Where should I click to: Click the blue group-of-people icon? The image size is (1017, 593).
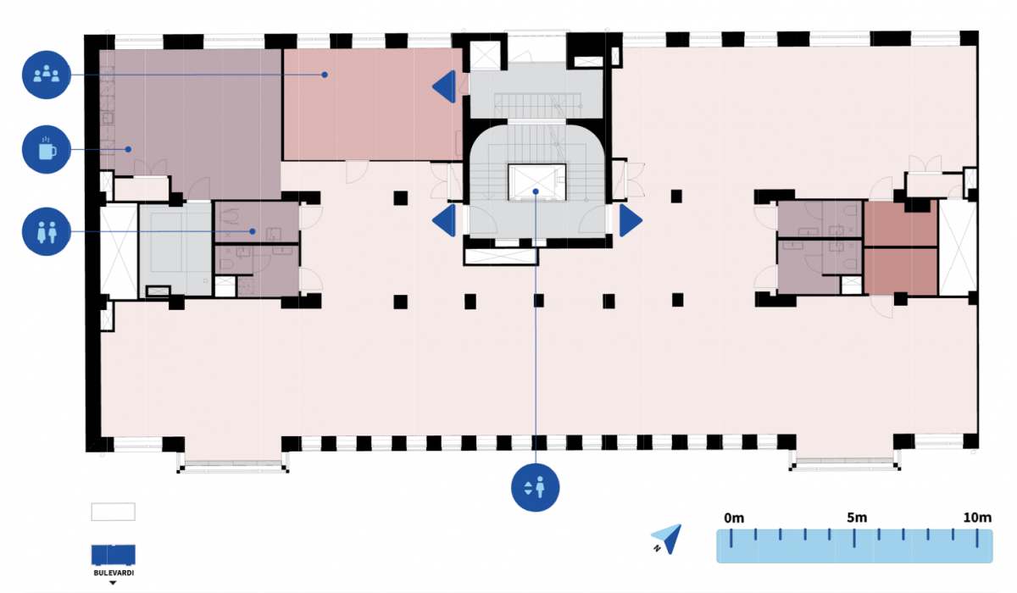coord(46,75)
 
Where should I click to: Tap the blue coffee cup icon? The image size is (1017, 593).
coord(46,150)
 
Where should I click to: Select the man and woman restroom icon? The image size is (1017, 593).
coord(46,231)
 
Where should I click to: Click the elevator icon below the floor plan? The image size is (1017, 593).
coord(536,487)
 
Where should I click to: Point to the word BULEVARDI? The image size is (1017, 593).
coord(113,574)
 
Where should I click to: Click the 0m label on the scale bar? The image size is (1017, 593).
coord(733,518)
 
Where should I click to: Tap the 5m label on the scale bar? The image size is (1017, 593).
coord(856,518)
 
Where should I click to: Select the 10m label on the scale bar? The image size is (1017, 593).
coord(977,518)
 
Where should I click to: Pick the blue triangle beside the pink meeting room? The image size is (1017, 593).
coord(445,86)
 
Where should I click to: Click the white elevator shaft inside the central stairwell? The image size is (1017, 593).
coord(536,181)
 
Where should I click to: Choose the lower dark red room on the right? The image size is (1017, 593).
coord(900,270)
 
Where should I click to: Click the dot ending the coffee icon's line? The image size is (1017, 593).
coord(128,150)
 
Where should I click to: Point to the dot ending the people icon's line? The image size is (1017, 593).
coord(324,75)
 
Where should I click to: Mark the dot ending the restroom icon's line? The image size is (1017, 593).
coord(253,231)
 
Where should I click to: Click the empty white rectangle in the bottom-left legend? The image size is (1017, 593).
coord(113,512)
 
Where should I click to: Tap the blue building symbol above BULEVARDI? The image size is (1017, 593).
coord(113,554)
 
